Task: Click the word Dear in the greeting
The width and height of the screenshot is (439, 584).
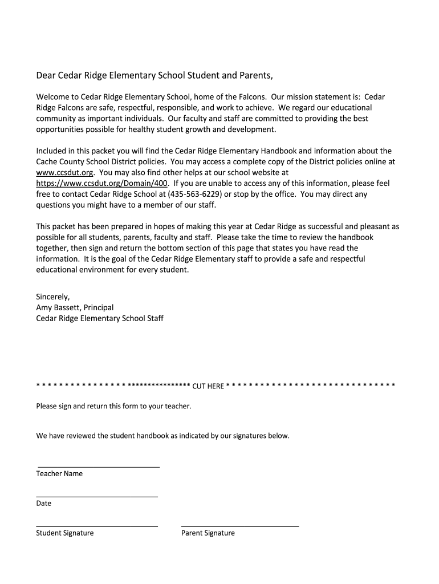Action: coord(46,75)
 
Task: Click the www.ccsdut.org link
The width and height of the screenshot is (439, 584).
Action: coord(64,172)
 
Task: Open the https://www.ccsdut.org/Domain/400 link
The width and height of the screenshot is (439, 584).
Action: coord(102,183)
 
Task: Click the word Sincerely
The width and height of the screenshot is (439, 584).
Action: coord(53,297)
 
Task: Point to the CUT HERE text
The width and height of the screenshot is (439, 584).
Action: coord(208,386)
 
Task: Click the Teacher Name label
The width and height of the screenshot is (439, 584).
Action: coord(59,474)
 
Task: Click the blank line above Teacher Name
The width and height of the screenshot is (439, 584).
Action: coord(98,467)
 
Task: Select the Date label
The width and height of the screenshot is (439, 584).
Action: coord(44,504)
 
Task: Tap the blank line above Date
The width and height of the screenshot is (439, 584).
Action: coord(97,497)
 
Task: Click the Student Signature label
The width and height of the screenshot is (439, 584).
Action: coord(65,533)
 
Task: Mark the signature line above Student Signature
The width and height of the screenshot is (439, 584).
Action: coord(97,526)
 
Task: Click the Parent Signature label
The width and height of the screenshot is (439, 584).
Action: coord(208,533)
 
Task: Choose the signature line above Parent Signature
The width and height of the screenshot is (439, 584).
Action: coord(240,526)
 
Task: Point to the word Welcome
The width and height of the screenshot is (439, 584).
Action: coord(53,97)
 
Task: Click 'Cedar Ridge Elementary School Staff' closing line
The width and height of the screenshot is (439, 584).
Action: coord(100,318)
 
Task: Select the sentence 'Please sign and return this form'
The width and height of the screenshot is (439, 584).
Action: coord(114,407)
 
